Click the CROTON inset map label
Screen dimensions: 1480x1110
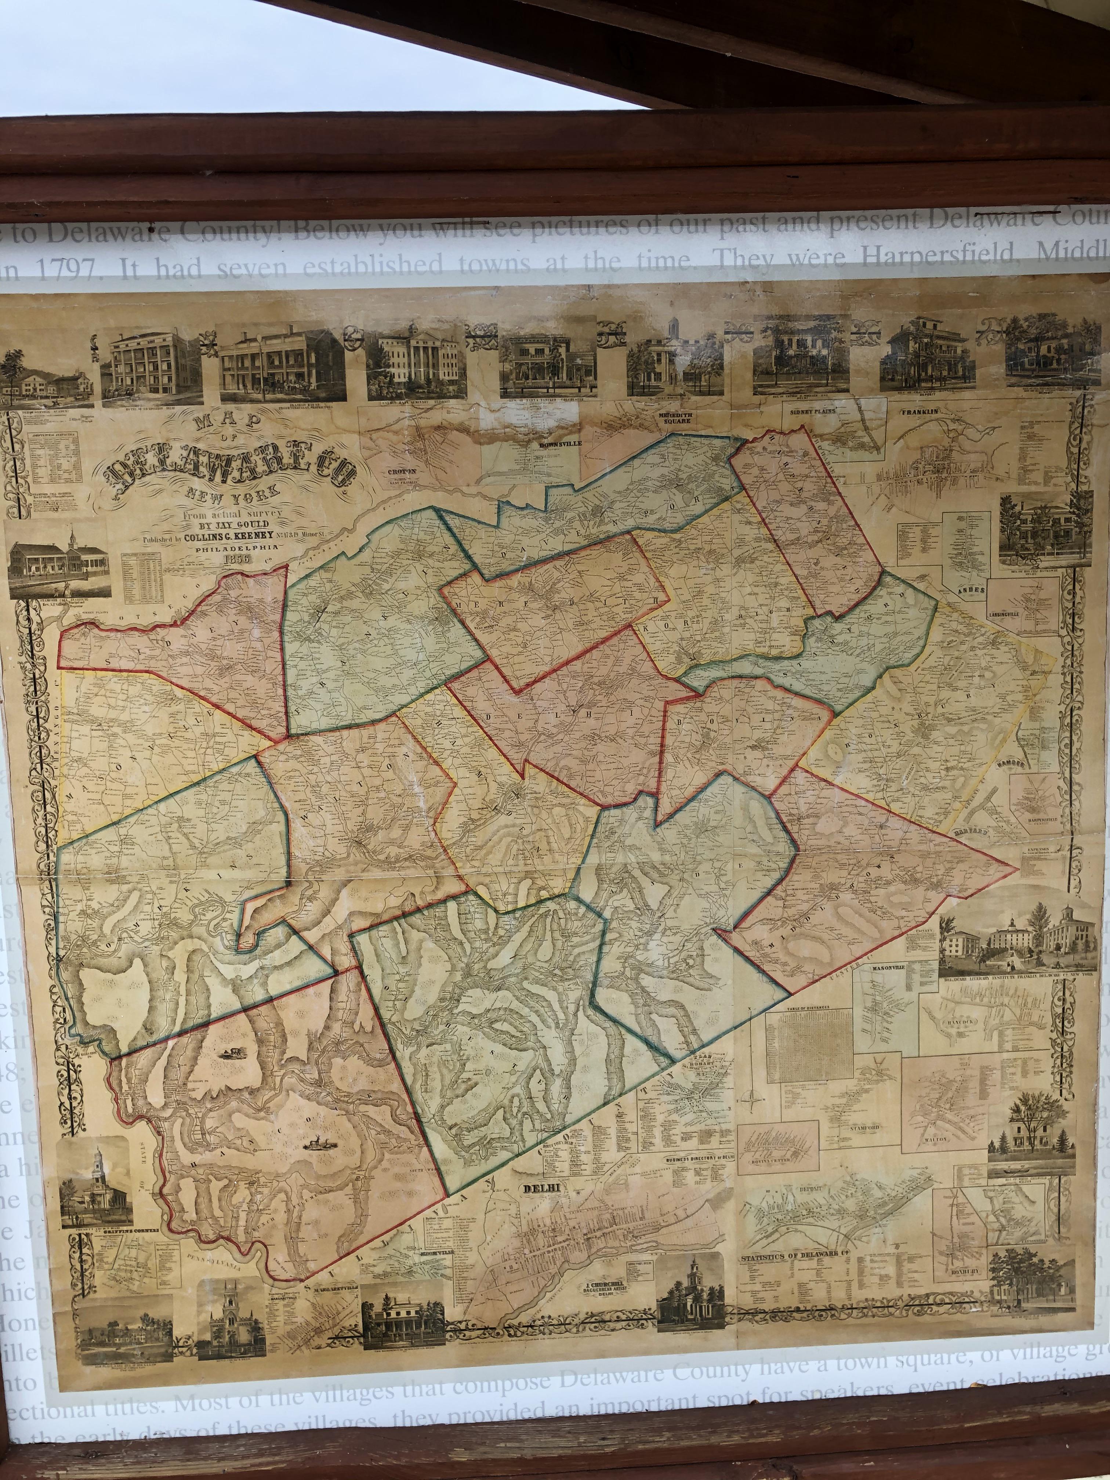[x=402, y=471]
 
